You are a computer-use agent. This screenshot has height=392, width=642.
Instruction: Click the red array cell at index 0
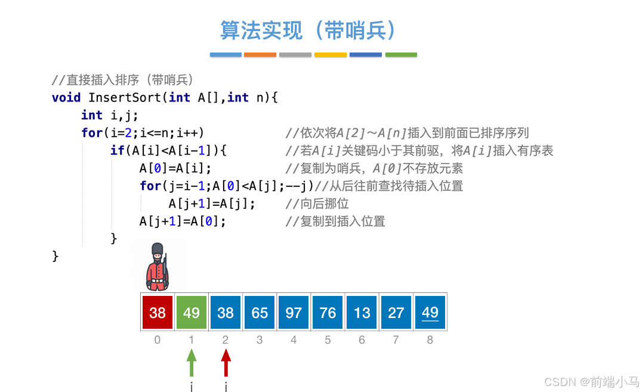point(158,312)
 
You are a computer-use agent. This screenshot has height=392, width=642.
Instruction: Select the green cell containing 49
point(192,312)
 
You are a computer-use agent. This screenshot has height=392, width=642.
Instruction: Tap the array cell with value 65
point(260,312)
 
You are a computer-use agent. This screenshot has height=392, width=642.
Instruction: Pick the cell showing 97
point(294,312)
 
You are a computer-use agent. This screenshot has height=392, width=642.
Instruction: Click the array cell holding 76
point(328,312)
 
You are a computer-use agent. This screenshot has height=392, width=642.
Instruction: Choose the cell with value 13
point(362,312)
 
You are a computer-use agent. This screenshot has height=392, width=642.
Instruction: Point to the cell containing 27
point(396,312)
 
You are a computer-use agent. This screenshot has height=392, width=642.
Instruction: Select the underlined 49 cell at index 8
point(430,312)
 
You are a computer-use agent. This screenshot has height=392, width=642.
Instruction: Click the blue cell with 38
point(226,312)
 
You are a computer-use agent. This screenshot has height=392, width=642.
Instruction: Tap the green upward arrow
point(192,363)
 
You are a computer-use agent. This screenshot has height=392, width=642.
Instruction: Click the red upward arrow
point(226,363)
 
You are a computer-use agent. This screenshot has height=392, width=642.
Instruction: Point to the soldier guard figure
point(158,267)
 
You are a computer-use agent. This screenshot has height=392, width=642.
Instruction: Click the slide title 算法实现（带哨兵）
point(308,30)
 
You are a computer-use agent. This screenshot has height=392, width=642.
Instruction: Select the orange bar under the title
point(260,55)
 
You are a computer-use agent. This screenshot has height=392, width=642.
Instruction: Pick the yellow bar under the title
point(331,55)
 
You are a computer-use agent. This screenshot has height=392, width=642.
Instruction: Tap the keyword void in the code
point(66,97)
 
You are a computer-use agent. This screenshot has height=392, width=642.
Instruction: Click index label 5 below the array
point(328,340)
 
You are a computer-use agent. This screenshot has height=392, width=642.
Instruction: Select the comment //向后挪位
point(317,204)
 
